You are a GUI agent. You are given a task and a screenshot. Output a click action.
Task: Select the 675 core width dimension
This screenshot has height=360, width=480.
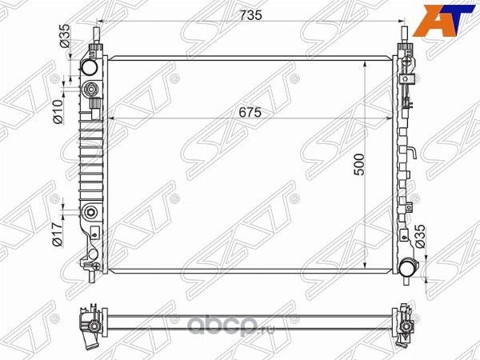click(251, 113)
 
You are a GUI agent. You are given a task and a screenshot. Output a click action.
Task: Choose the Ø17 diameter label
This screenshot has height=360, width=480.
click(57, 231)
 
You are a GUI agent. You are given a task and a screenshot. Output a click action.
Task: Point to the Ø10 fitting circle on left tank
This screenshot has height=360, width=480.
click(90, 89)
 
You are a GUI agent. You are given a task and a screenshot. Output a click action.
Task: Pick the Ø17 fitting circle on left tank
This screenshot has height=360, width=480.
click(90, 213)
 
